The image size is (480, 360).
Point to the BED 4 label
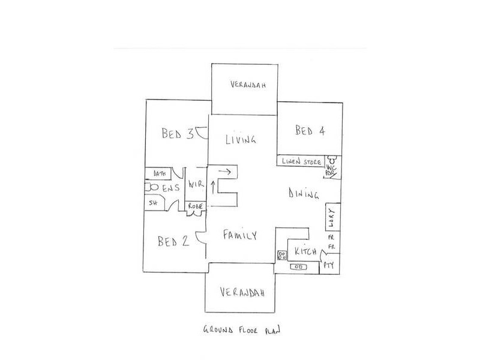click(x=310, y=131)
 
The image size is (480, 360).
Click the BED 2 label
click(x=173, y=242)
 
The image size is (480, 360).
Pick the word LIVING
click(x=241, y=140)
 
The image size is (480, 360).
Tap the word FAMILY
click(x=240, y=236)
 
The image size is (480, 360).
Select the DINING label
click(x=303, y=194)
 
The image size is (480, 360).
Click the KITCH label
click(x=304, y=253)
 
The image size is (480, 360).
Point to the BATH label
click(x=159, y=174)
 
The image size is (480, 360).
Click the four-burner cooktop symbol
click(x=281, y=256)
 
